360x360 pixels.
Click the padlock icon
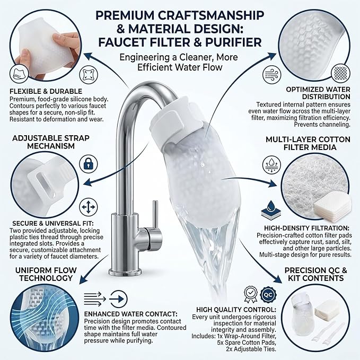[x=89, y=164]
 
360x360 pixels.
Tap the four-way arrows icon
[x=89, y=207]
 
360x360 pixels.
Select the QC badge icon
[x=268, y=294]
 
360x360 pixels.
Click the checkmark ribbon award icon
[x=251, y=294]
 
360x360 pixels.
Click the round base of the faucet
[x=125, y=271]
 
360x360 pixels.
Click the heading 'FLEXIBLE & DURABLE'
[x=46, y=91]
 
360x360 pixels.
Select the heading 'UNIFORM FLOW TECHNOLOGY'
[x=46, y=274]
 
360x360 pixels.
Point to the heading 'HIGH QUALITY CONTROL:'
[x=236, y=310]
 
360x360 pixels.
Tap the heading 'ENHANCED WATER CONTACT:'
[x=130, y=314]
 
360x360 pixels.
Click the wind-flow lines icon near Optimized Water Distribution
[x=271, y=75]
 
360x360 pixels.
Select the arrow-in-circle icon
[x=118, y=299]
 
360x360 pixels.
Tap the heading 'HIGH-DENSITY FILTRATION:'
[x=306, y=228]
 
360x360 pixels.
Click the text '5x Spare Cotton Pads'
[x=247, y=343]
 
